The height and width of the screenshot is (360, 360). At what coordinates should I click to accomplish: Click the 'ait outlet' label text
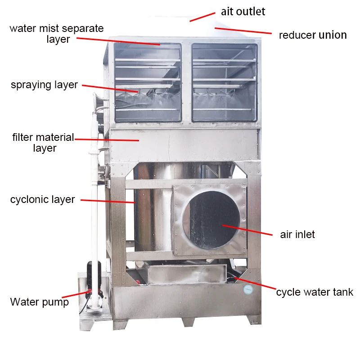(243, 11)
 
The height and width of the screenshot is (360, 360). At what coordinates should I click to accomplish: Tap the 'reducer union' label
(313, 35)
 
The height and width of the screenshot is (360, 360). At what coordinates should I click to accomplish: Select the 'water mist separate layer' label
(57, 34)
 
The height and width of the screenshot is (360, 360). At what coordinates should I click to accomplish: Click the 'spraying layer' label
(44, 85)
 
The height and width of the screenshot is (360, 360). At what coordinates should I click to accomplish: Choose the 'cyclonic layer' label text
(42, 199)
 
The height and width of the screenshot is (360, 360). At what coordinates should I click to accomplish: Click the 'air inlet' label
(297, 234)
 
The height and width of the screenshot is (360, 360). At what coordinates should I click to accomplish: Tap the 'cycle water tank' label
(315, 292)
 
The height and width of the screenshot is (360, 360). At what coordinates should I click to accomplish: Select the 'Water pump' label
(40, 301)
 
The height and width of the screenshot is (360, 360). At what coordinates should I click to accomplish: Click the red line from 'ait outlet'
(202, 17)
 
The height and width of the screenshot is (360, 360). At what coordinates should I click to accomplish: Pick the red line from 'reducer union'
(243, 31)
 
